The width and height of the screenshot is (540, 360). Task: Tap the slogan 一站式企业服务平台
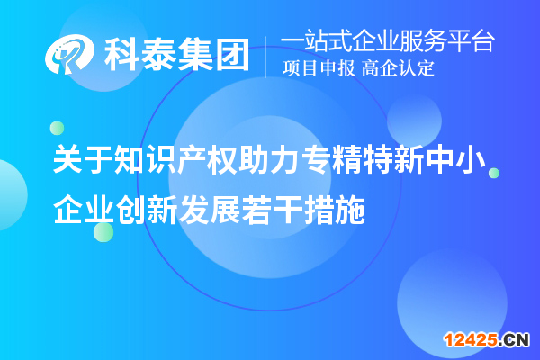(388, 41)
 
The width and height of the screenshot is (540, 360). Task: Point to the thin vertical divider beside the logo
(265, 55)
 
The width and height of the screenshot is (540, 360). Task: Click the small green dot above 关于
(57, 128)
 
